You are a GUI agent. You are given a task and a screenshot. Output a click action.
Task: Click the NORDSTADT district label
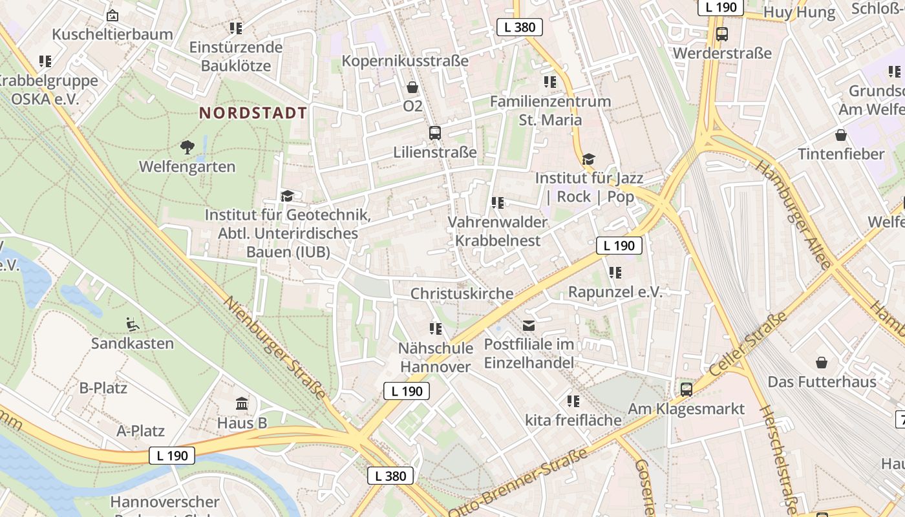click(x=253, y=113)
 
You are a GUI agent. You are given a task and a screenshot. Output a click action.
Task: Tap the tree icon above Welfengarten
click(x=187, y=147)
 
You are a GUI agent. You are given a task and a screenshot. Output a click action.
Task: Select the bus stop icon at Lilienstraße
click(x=435, y=133)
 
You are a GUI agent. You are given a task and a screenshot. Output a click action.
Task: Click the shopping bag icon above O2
click(x=412, y=87)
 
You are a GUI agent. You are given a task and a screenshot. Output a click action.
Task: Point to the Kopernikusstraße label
click(x=405, y=61)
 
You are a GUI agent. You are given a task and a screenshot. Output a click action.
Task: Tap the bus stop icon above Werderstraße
click(x=722, y=34)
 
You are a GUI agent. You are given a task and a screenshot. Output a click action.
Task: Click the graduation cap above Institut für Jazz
click(x=588, y=159)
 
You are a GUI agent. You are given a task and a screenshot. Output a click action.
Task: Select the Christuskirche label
click(x=462, y=293)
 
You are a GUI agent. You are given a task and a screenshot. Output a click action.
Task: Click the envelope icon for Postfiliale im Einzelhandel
click(x=529, y=325)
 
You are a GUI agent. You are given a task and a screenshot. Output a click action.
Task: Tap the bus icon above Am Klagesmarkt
click(x=687, y=389)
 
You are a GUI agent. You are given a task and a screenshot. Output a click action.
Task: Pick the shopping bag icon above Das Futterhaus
click(x=822, y=363)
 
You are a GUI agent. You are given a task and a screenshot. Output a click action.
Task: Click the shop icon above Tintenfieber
click(x=841, y=135)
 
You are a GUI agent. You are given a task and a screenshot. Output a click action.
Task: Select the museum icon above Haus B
click(x=242, y=404)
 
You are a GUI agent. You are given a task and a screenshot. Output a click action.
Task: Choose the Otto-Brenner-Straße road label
click(x=518, y=483)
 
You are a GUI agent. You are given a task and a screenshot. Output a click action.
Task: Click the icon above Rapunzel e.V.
click(x=615, y=273)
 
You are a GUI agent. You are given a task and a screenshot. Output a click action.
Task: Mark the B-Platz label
click(x=103, y=388)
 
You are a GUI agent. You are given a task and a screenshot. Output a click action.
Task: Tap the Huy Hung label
click(x=800, y=12)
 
